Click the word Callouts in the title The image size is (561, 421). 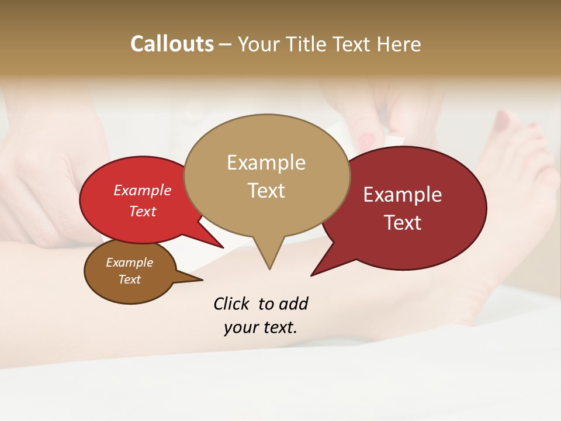pyautogui.click(x=172, y=44)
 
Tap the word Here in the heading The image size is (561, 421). pyautogui.click(x=399, y=44)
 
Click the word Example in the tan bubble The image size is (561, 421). pyautogui.click(x=266, y=163)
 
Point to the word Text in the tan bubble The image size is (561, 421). pyautogui.click(x=266, y=191)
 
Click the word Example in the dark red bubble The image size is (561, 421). pyautogui.click(x=403, y=195)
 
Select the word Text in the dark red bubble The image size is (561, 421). pyautogui.click(x=403, y=223)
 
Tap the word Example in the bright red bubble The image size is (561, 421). pyautogui.click(x=143, y=190)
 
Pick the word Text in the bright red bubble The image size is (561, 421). pyautogui.click(x=143, y=211)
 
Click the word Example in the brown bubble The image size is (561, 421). pyautogui.click(x=130, y=263)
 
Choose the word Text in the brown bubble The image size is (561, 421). pyautogui.click(x=130, y=279)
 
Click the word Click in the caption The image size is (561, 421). pyautogui.click(x=232, y=304)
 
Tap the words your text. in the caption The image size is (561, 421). pyautogui.click(x=261, y=327)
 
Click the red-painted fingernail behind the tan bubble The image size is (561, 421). pyautogui.click(x=366, y=141)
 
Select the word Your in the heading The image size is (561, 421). pyautogui.click(x=259, y=44)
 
